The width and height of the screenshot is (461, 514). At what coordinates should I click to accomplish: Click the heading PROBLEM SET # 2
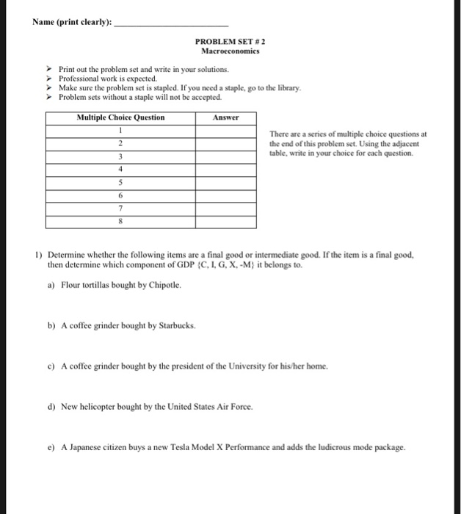230,43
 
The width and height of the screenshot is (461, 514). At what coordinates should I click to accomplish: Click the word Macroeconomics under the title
230,51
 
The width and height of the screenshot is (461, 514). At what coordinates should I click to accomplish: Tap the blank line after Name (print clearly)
172,21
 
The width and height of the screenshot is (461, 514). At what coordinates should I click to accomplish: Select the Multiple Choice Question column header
120,117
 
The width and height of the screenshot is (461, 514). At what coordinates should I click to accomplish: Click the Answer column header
226,117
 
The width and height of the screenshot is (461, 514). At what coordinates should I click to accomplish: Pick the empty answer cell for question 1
226,130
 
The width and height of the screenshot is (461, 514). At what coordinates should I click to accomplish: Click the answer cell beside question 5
226,182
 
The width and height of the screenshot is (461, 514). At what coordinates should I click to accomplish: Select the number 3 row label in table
120,156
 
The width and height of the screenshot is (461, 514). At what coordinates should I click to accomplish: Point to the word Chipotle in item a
164,283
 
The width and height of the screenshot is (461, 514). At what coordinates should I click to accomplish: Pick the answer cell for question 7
226,209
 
